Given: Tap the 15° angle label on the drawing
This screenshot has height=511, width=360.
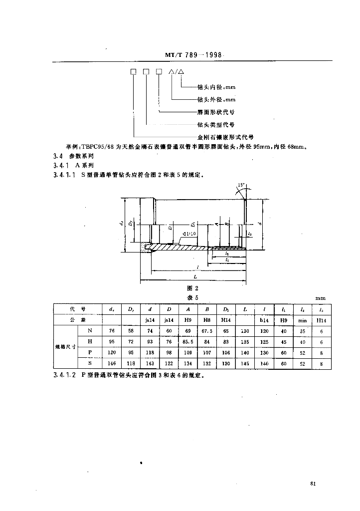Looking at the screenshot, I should [241, 186].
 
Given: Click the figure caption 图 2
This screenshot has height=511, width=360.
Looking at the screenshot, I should [192, 288].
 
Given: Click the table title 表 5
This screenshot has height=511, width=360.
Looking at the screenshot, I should [192, 297].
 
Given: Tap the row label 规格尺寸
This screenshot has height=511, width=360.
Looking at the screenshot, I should [65, 347].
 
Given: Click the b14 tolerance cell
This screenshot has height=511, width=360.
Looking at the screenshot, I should [264, 320].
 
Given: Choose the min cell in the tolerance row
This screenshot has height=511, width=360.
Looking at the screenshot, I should [302, 320].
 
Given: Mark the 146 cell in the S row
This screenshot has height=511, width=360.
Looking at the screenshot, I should [112, 364].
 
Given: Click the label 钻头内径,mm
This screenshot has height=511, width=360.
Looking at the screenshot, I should [216, 87].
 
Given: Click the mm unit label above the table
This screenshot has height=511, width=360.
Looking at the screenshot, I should [320, 298].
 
